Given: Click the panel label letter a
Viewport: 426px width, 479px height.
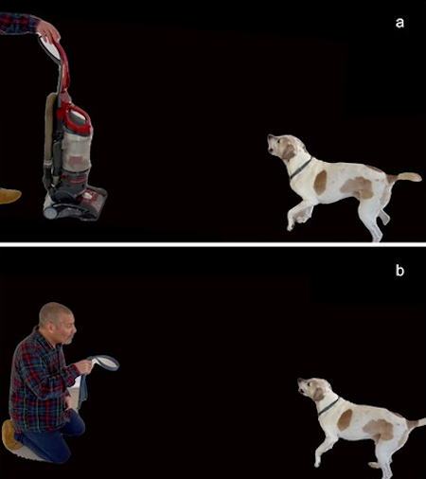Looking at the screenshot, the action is click(399, 23).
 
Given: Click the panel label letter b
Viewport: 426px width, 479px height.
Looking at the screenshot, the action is click(399, 271).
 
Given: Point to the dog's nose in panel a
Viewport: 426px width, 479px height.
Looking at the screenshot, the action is click(269, 136).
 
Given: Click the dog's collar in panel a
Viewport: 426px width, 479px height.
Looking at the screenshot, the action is click(301, 169).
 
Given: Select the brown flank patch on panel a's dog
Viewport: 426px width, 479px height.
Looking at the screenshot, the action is click(358, 187).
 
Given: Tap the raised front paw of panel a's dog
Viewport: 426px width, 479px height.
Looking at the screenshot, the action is click(291, 225).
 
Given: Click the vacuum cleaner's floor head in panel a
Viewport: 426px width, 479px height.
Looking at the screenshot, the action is click(76, 204).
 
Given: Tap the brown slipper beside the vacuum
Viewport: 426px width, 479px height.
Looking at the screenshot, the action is click(9, 196).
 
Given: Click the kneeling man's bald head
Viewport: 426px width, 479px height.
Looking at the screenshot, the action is click(55, 312).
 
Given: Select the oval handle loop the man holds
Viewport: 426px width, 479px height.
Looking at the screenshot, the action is click(104, 363).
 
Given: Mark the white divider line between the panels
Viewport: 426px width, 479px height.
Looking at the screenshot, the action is click(213, 244).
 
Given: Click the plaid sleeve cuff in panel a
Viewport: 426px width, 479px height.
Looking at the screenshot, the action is click(34, 25).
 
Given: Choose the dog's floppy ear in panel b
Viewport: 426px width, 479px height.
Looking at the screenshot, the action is click(318, 394).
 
